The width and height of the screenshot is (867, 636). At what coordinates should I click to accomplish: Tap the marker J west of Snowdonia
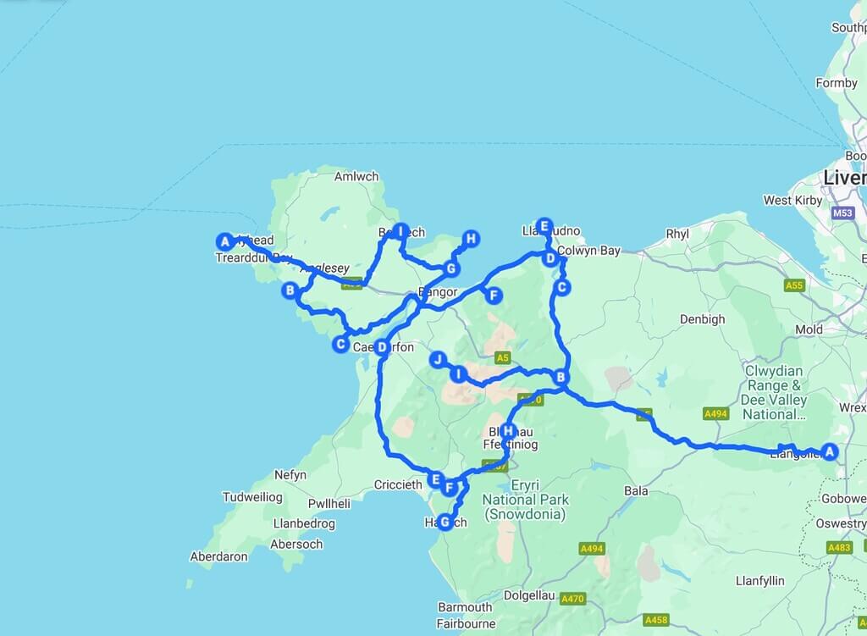[x=438, y=359]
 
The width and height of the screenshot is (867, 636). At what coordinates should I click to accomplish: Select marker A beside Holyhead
[x=224, y=241]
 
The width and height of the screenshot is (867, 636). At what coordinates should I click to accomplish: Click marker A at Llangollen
[x=830, y=451]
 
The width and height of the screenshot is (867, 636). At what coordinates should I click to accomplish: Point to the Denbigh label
[x=703, y=319]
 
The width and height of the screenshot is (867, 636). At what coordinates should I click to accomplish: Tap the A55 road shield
[x=793, y=285]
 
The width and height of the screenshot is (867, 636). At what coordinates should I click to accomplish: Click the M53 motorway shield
[x=842, y=213]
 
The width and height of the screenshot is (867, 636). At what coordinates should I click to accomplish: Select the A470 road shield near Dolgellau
[x=573, y=599]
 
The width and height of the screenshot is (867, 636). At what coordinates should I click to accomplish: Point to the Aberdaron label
[x=219, y=556]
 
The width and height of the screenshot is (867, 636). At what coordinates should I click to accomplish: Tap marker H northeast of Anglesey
[x=471, y=239]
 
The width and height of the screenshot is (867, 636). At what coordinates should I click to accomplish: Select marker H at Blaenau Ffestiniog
[x=507, y=429]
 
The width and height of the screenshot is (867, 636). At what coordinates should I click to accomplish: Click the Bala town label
[x=636, y=490]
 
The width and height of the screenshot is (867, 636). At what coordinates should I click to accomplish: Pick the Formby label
[x=837, y=83]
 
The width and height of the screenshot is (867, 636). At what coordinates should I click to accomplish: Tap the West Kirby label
[x=790, y=201]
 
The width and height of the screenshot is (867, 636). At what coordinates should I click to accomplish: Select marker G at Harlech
[x=445, y=522]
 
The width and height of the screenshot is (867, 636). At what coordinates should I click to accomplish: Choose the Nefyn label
[x=290, y=475]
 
